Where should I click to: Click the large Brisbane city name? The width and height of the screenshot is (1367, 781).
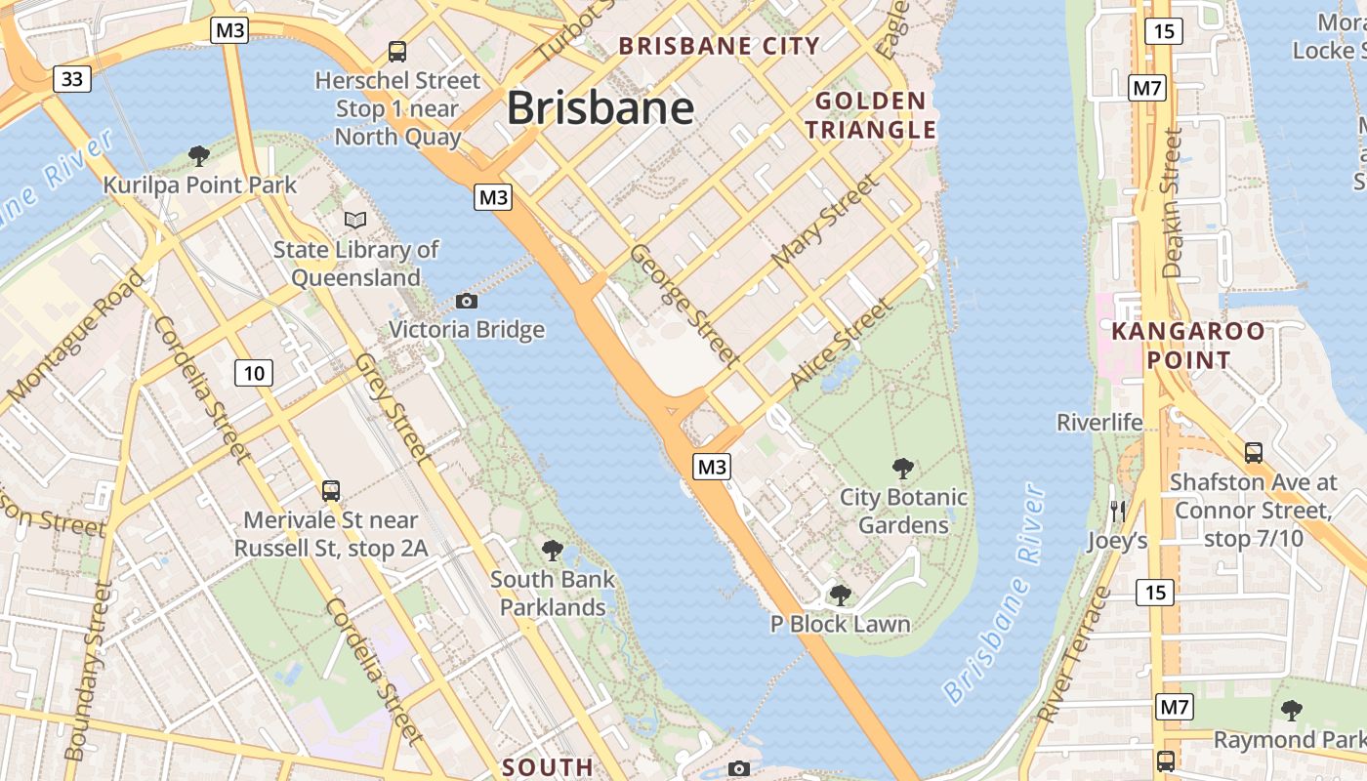tap(600, 107)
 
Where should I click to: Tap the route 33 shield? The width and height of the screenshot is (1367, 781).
tap(72, 79)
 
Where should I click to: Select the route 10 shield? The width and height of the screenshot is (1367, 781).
tap(254, 372)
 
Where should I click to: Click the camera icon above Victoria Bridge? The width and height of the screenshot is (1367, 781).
tap(467, 301)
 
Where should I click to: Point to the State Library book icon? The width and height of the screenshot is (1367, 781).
tap(355, 221)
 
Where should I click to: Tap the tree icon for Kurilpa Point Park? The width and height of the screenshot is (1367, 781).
tap(199, 155)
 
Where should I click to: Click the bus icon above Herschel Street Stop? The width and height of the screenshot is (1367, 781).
tap(396, 52)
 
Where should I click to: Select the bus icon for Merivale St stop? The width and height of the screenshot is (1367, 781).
tap(331, 491)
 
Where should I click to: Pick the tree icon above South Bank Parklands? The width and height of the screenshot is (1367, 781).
tap(553, 551)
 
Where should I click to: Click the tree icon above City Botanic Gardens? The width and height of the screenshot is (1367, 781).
tap(903, 469)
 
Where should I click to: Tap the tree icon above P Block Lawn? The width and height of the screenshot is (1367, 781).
tap(840, 596)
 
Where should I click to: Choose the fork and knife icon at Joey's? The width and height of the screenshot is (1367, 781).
tap(1118, 511)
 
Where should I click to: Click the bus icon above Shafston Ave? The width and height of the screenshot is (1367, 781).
tap(1253, 453)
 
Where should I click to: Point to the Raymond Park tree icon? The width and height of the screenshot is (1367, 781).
tap(1292, 711)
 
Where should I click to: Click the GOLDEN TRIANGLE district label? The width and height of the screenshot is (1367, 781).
tap(870, 115)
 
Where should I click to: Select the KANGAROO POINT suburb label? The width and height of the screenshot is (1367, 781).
tap(1188, 346)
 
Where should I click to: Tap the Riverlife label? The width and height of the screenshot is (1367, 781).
tap(1099, 423)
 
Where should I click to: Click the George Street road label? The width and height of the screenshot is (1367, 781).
tap(683, 305)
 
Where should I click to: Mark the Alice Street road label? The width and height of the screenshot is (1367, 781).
tap(842, 344)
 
